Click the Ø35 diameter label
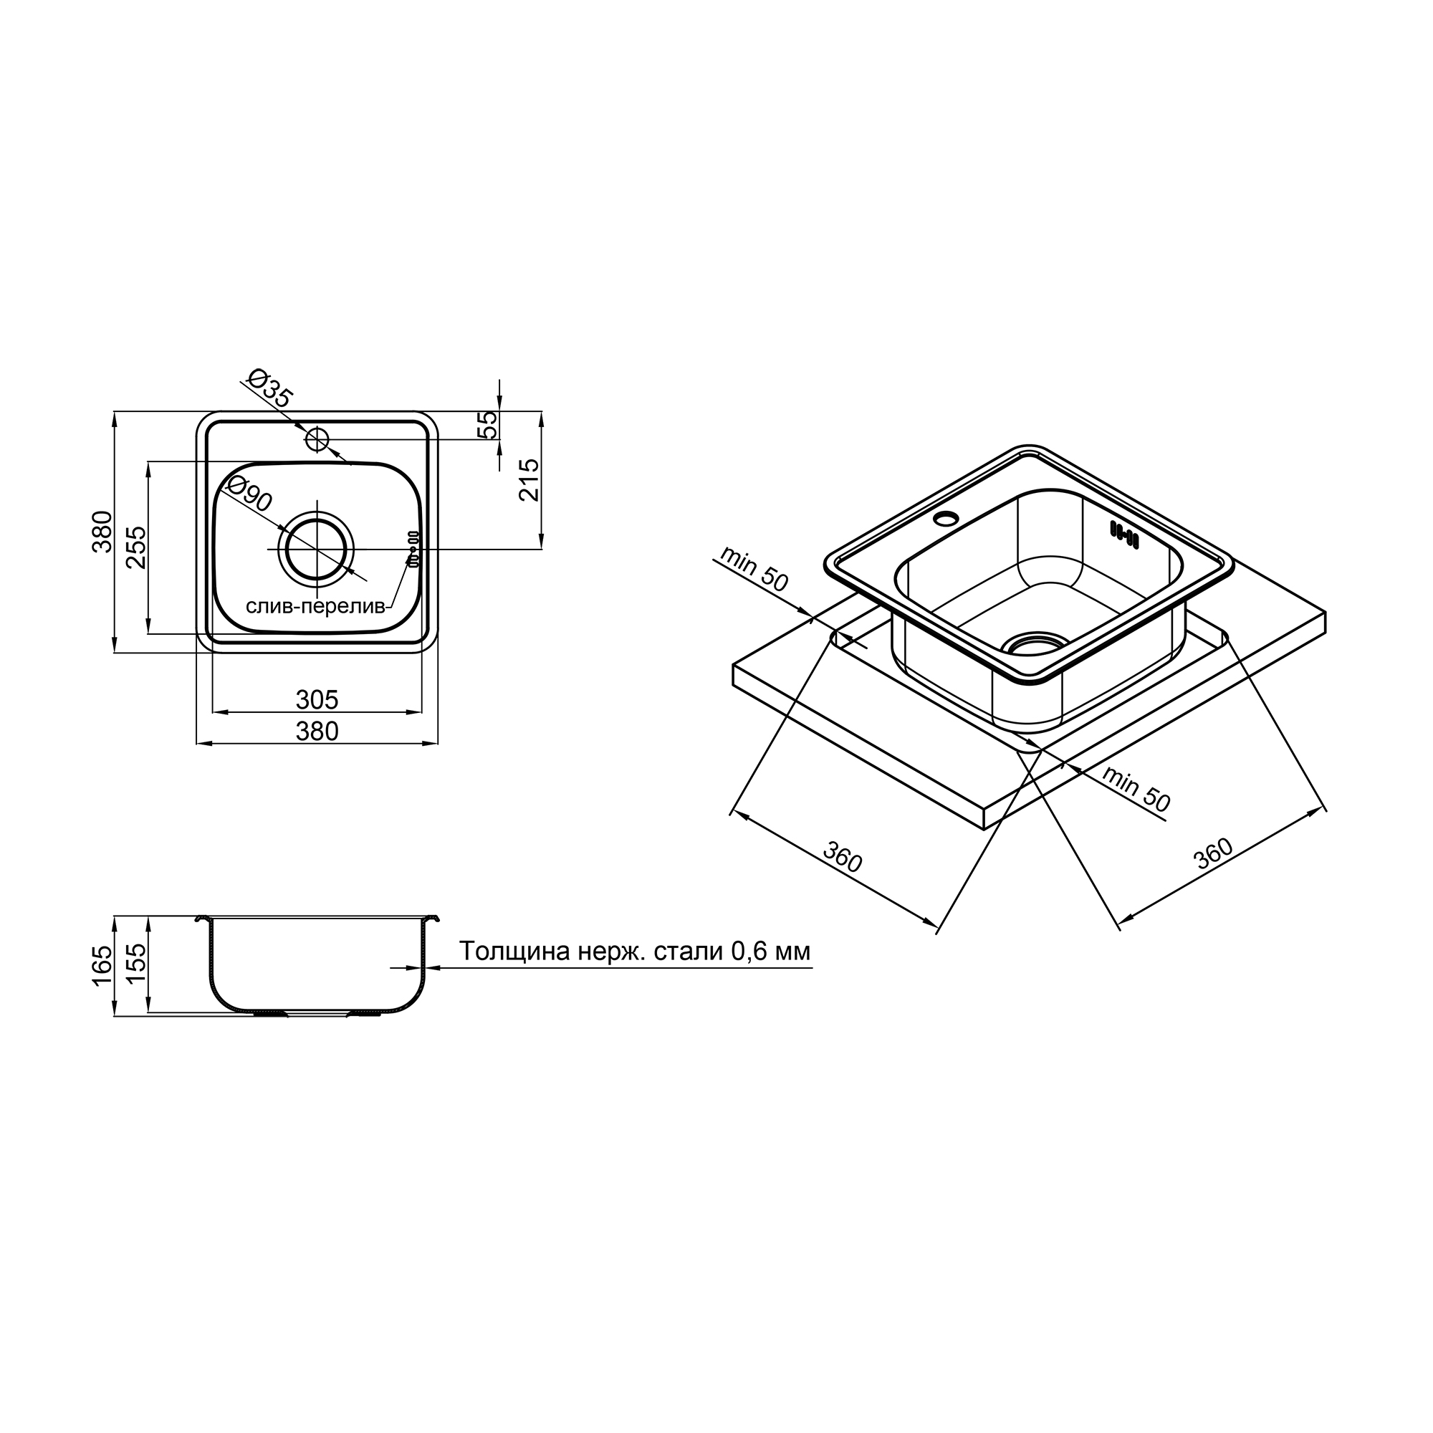point(269,388)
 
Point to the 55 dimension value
point(489,424)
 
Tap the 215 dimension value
point(530,480)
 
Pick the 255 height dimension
point(135,547)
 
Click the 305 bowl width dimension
point(317,699)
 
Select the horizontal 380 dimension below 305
point(317,732)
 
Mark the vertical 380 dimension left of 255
point(102,531)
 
